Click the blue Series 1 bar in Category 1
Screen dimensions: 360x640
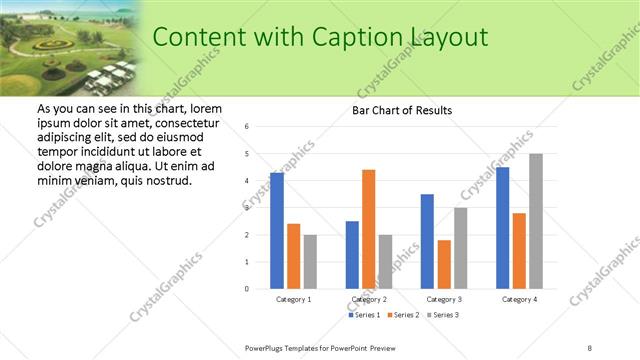point(277,231)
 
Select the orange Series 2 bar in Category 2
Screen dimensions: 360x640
point(368,229)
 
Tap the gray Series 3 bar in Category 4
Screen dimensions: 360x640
point(536,221)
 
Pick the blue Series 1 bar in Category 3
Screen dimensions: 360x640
point(427,241)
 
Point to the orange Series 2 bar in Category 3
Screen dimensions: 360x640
point(444,264)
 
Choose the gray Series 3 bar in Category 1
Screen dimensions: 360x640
point(310,262)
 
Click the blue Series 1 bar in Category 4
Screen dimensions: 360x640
point(502,228)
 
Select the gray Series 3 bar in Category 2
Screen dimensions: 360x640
point(386,262)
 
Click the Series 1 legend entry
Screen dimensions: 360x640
point(365,316)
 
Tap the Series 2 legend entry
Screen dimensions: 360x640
point(403,316)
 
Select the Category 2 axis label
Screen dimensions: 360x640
point(369,299)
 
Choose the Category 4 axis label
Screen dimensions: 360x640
point(519,299)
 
